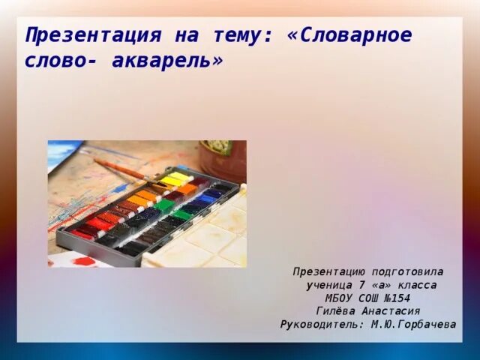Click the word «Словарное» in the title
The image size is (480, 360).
(x=352, y=35)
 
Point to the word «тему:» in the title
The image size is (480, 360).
(x=237, y=35)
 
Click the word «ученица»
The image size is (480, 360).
(x=331, y=285)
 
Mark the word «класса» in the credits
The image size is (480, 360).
(x=415, y=285)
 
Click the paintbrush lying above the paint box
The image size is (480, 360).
(x=124, y=170)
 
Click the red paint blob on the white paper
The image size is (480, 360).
(x=83, y=261)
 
